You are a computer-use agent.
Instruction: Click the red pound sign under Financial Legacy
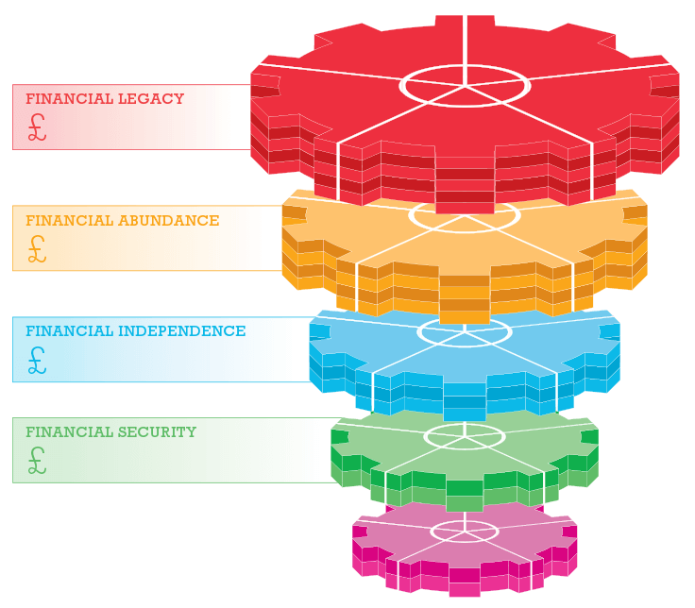(37, 127)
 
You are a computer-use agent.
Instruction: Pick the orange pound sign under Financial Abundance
(37, 248)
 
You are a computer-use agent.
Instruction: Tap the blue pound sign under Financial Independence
(37, 360)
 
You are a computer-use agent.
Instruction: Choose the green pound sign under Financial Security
(37, 461)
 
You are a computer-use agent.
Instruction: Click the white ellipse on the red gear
(465, 84)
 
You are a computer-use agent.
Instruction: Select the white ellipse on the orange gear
(465, 215)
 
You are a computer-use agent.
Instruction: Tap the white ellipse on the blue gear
(465, 331)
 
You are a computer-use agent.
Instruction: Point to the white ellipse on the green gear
(465, 435)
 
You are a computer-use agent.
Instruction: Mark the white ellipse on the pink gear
(465, 531)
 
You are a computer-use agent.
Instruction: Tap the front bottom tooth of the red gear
(465, 189)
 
